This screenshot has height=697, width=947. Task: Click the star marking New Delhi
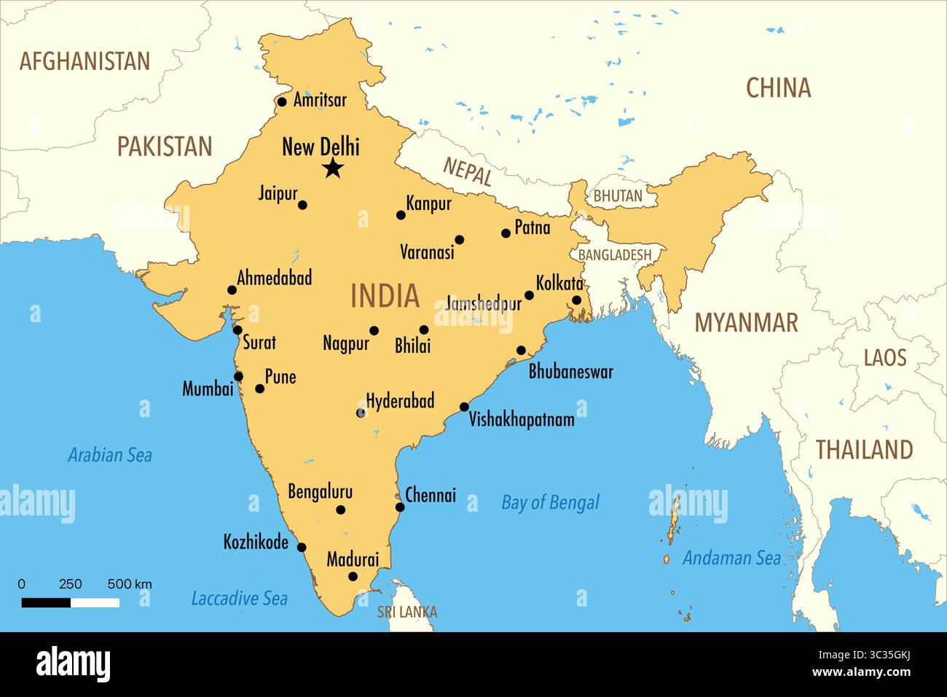coord(333,169)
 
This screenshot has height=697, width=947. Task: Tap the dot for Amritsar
coord(283,101)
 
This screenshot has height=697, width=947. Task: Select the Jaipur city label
coord(278,193)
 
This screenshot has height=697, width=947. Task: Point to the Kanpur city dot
coord(401,215)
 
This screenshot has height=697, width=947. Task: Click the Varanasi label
coord(427,252)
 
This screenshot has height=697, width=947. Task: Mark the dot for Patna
coord(506,233)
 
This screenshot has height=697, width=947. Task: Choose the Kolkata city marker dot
coord(576,300)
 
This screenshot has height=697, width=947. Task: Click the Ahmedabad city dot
coord(232,290)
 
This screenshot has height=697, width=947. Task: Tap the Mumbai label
coord(208,389)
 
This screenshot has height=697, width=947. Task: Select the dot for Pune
coord(260,389)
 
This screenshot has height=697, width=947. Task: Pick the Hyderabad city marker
coord(361,413)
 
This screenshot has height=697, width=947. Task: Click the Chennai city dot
coord(400,507)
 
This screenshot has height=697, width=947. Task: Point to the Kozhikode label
coord(256,542)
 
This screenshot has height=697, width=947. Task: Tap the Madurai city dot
coord(353,577)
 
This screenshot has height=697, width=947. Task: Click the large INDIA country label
coord(385,296)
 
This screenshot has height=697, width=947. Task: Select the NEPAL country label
coord(468,172)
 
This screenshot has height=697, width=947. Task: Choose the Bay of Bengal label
coord(550,502)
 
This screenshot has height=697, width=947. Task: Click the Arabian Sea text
coord(110,456)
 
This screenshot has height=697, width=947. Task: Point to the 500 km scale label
coord(130,584)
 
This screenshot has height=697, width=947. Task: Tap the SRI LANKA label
coord(407,612)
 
